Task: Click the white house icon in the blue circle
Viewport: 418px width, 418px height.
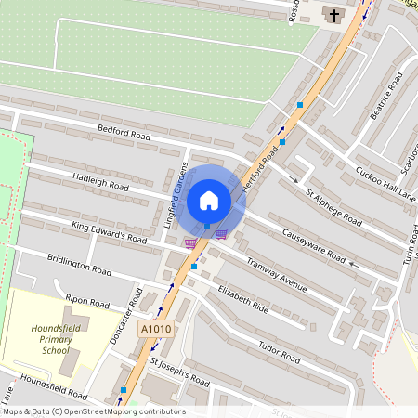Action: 209,200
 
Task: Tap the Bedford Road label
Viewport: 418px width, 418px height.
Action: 125,136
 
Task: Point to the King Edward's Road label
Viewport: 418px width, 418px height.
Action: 110,232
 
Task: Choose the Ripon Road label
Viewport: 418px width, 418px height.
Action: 88,303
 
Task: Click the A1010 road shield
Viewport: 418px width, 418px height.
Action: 155,329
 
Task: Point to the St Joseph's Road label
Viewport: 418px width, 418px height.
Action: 180,372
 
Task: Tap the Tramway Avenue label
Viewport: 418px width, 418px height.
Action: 275,273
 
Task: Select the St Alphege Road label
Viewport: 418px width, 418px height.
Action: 334,205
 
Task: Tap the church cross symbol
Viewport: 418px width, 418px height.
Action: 332,14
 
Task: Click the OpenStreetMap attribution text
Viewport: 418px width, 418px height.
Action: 93,411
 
